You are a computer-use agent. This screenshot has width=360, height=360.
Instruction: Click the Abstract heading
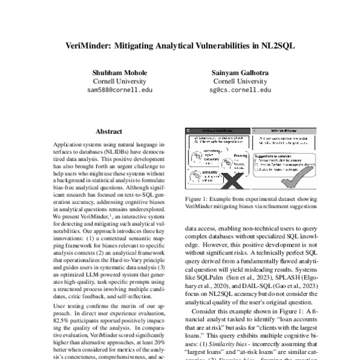pyautogui.click(x=109, y=131)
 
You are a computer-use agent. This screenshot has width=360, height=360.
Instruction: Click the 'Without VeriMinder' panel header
pyautogui.click(x=215, y=131)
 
